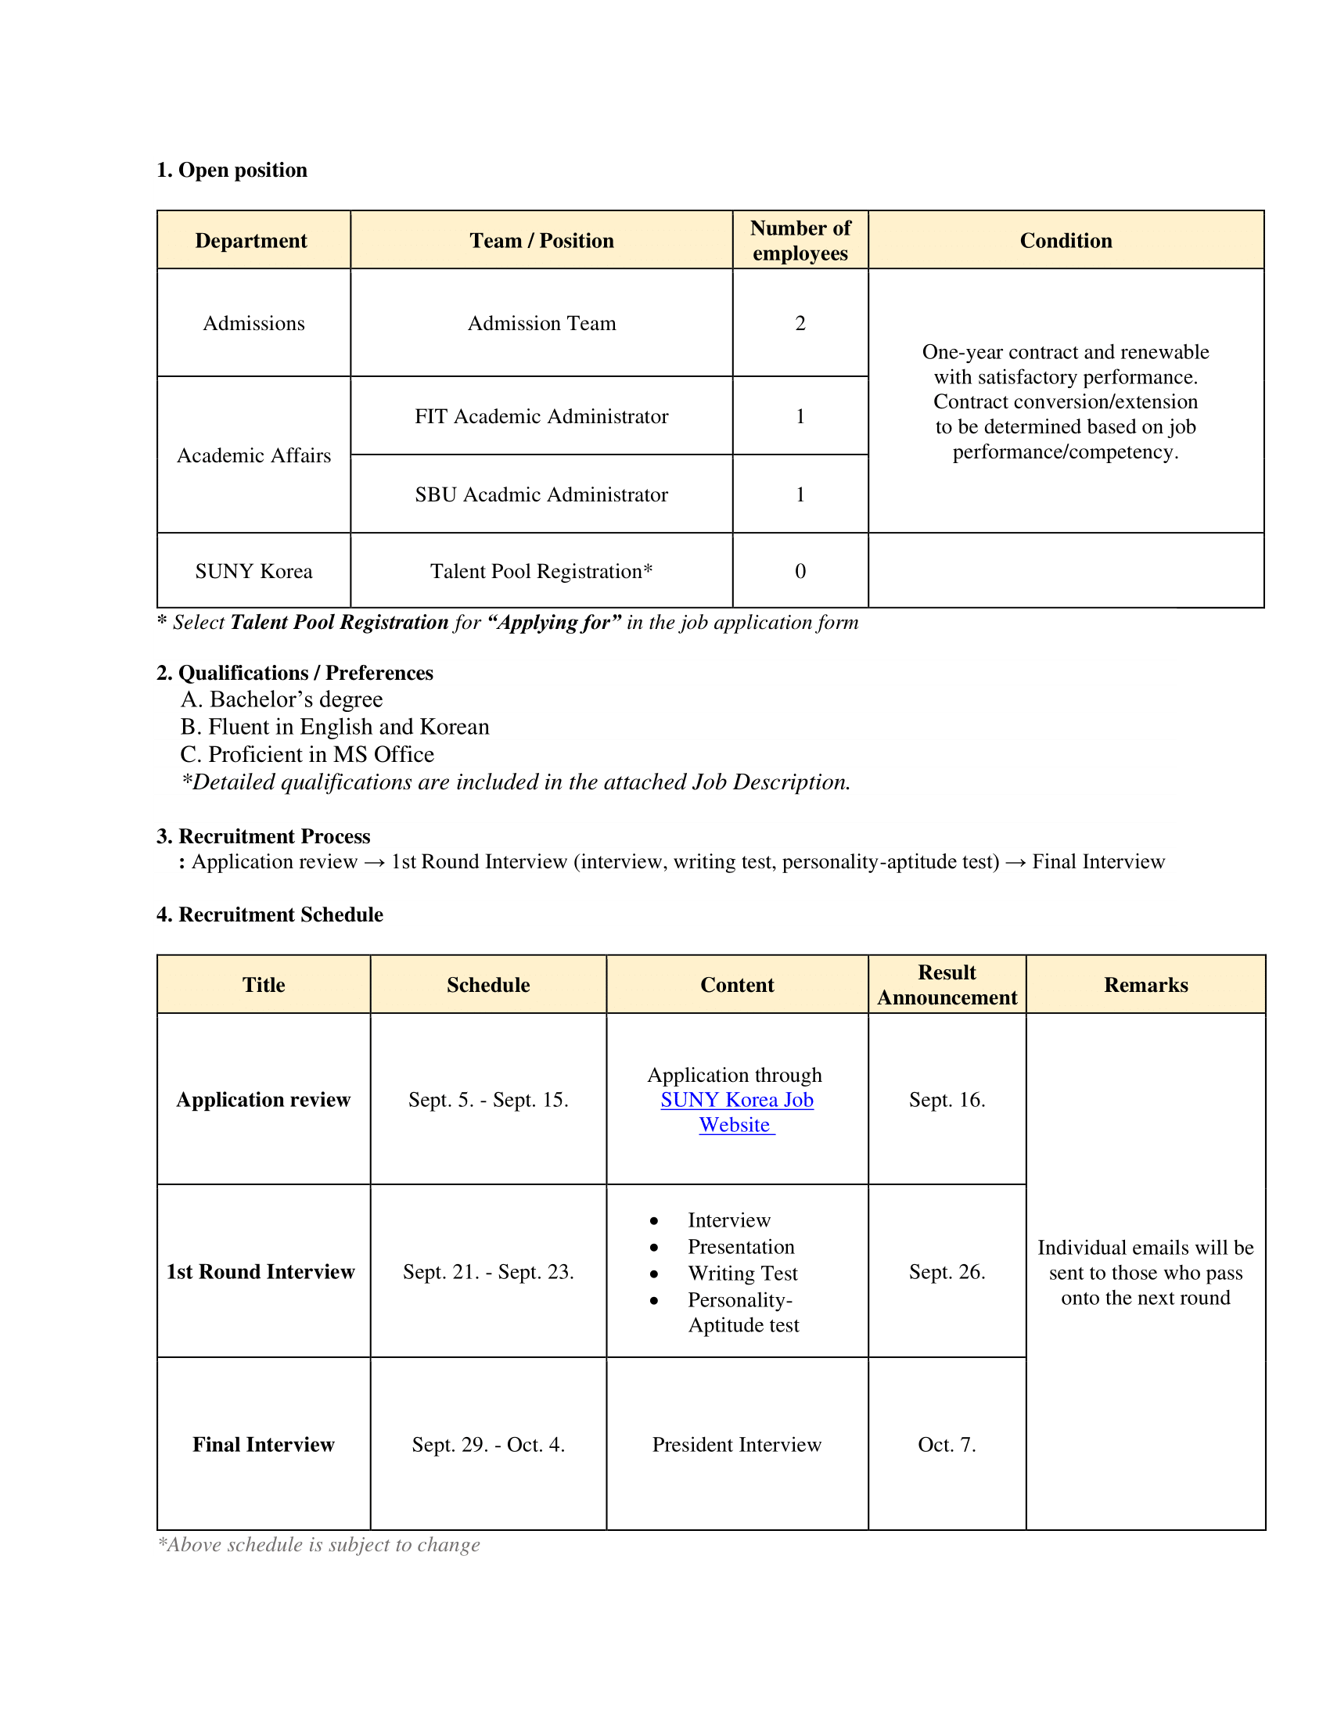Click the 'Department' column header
pos(251,240)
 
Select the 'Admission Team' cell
pos(541,323)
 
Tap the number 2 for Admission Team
pos(800,323)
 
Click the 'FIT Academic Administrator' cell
pos(541,416)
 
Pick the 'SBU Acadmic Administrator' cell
pos(541,494)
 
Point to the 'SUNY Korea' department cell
pos(253,571)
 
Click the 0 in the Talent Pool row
pos(800,571)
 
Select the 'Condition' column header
pos(1066,240)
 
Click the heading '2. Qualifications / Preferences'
pos(295,672)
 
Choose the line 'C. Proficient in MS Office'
pos(307,754)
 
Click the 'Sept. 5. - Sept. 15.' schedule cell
pos(487,1099)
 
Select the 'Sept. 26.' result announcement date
pos(947,1271)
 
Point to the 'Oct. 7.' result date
pos(947,1443)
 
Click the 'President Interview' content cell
pos(737,1443)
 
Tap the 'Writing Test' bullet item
pos(742,1273)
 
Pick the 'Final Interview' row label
pos(263,1443)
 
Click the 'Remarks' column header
pos(1145,984)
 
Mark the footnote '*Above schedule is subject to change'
pos(319,1543)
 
